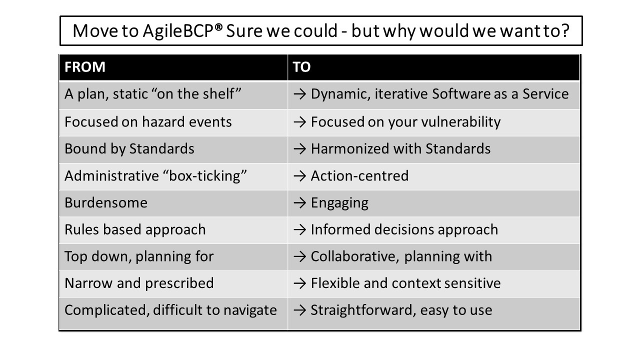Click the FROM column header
pos(85,67)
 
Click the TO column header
pos(301,67)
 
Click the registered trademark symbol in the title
pos(218,27)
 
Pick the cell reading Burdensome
pos(106,202)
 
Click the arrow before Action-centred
pos(299,176)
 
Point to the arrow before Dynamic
pos(299,94)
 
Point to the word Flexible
pos(335,283)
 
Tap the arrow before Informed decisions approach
pos(299,230)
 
